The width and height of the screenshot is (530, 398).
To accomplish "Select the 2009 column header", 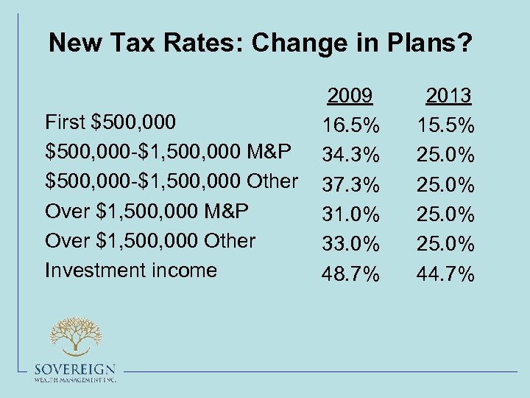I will click(350, 95).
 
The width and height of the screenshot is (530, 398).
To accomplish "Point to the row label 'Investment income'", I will click(131, 270).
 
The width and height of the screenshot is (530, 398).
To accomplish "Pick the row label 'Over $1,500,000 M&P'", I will click(146, 211).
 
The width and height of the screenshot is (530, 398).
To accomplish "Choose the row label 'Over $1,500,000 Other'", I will click(150, 240).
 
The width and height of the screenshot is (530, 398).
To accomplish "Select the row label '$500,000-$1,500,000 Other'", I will click(172, 181).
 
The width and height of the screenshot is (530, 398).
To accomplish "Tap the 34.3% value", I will click(350, 155).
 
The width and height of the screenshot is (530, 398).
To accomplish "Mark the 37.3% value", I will click(350, 185).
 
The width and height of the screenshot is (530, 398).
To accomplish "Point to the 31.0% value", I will click(350, 214).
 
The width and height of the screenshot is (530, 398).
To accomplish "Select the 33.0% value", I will click(350, 245).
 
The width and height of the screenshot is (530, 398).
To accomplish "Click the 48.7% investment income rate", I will click(350, 275).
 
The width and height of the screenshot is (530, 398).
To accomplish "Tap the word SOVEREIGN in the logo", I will click(74, 369).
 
